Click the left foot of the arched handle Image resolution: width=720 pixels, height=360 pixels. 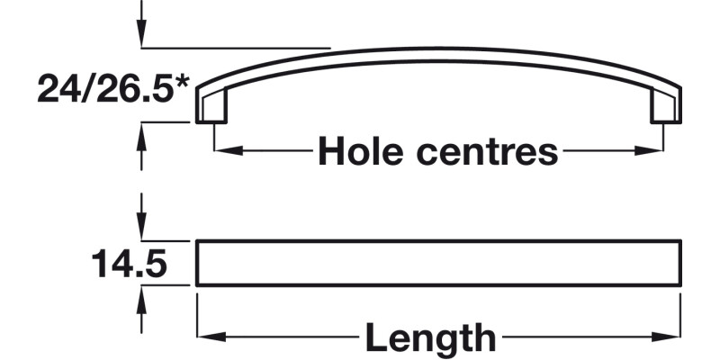211,108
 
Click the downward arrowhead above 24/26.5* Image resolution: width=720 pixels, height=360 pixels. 140,36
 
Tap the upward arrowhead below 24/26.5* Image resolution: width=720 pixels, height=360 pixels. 140,133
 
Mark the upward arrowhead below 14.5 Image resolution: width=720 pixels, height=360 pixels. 140,298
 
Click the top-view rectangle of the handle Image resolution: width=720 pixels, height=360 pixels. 438,263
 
